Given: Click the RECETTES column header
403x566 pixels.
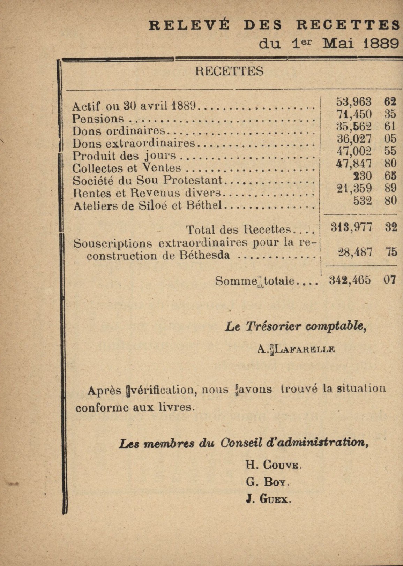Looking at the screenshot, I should [229, 71].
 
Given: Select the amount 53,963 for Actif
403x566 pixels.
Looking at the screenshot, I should [353, 101].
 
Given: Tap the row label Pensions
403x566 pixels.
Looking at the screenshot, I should [98, 119].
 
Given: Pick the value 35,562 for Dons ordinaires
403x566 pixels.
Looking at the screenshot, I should [354, 126].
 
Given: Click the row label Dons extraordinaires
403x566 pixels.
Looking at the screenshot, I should [134, 143].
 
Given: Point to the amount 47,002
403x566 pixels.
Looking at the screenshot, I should [354, 151].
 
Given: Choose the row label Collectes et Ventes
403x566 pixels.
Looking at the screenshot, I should [126, 168].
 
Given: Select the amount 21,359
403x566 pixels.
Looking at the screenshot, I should [354, 188].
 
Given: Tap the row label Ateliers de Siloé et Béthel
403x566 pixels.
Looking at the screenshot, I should [148, 205].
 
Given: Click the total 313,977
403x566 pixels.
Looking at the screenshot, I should [351, 227].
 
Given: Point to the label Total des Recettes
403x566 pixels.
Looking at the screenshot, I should [238, 229].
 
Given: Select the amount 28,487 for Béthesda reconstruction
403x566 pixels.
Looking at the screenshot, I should [355, 252].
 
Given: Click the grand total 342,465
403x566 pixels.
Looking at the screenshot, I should [350, 280].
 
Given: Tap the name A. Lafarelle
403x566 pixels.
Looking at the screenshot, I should [296, 349].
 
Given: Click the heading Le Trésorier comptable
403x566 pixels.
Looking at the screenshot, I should [295, 326].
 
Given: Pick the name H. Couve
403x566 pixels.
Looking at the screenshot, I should [273, 465].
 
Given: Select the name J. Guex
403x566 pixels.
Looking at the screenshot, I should [268, 499].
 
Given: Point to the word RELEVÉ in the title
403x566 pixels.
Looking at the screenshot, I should [189, 25].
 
